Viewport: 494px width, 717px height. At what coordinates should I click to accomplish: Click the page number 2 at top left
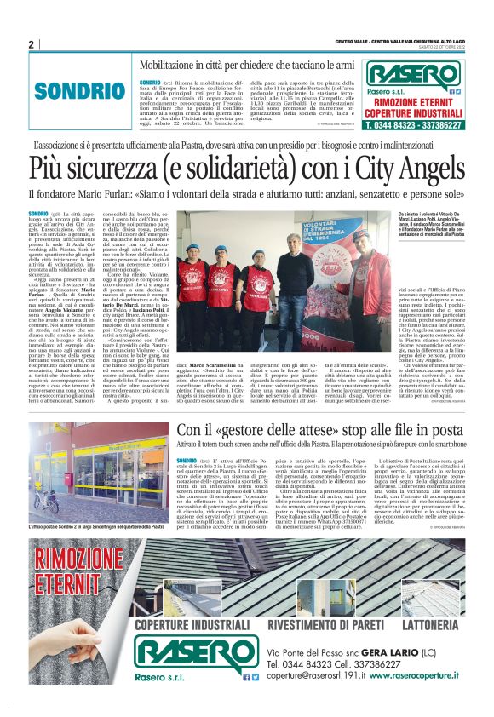(x=31, y=43)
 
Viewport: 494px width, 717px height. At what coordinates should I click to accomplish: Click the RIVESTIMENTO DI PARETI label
(x=313, y=623)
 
